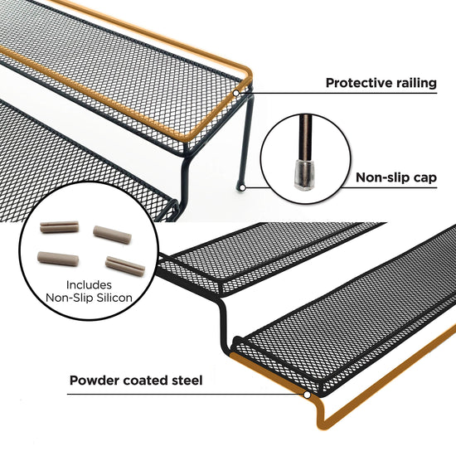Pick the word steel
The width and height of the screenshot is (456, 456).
coord(187,381)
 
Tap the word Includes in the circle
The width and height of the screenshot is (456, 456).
coord(89,284)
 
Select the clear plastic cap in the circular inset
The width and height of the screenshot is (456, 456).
coord(303,174)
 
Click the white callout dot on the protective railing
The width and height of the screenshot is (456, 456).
coord(236,93)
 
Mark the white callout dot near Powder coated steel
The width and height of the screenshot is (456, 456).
coord(307,395)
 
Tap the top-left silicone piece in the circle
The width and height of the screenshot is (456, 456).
coord(60,227)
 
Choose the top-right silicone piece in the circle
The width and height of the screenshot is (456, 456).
coord(112,235)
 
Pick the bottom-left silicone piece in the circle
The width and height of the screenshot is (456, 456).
coord(58,259)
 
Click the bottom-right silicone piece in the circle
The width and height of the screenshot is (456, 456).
coord(125,266)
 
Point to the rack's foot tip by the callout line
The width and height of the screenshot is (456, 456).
coord(241,187)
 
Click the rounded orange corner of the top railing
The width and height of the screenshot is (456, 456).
coord(248,73)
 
